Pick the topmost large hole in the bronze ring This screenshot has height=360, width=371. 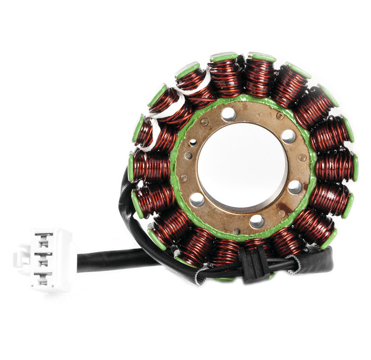click(228, 113)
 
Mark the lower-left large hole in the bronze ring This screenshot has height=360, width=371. click(197, 199)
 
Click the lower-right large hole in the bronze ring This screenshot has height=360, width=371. click(295, 187)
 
